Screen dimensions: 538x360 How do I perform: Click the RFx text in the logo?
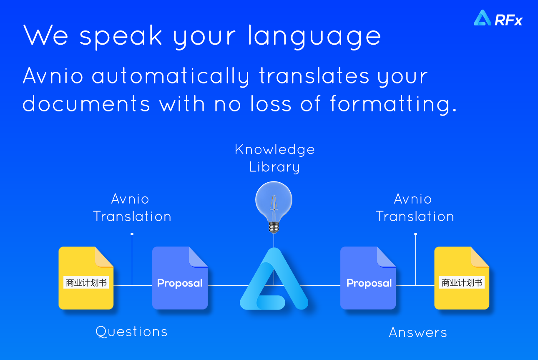508,20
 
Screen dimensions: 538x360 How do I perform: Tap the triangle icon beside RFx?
482,18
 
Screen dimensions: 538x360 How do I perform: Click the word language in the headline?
314,36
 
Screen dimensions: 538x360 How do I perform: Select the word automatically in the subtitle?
171,76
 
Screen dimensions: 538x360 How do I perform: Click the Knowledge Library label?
275,158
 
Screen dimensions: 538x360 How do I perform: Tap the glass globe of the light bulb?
274,201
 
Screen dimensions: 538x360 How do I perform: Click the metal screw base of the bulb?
274,227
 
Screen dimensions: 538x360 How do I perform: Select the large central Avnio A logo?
274,279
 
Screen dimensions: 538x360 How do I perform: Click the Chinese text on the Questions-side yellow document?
86,282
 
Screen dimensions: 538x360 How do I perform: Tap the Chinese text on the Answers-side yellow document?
462,282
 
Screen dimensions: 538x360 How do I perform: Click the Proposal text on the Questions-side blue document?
180,283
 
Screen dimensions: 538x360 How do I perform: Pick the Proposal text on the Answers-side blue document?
369,283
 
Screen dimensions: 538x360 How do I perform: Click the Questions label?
131,332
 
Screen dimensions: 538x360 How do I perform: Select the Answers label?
418,332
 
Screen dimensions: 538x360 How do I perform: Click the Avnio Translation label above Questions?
132,208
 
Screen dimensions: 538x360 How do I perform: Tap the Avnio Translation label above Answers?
415,208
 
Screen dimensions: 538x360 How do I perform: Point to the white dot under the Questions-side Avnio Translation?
132,234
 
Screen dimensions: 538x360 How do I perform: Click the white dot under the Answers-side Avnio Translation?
415,234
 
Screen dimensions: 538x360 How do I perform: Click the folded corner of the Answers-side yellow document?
478,257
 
